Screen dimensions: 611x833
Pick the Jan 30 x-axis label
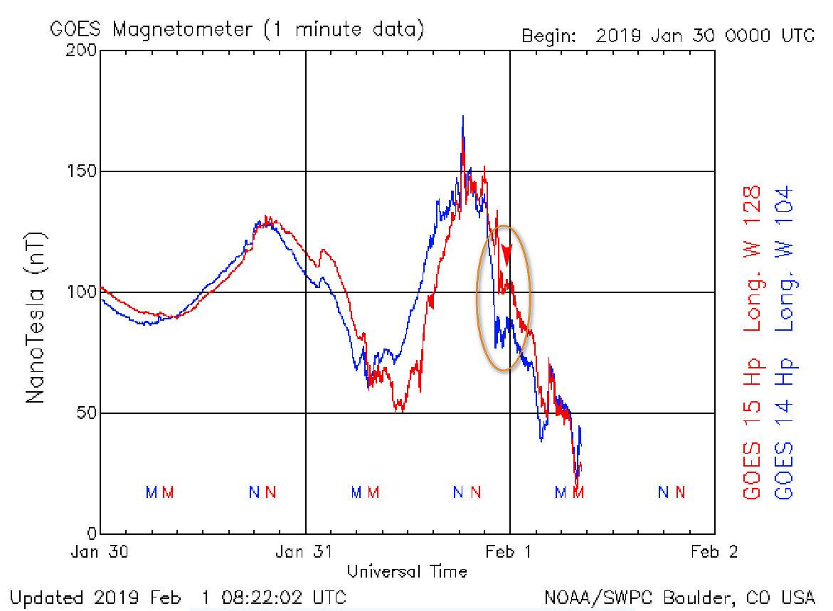pyautogui.click(x=100, y=552)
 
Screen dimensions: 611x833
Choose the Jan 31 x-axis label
pyautogui.click(x=305, y=552)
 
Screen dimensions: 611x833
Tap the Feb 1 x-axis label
pyautogui.click(x=510, y=552)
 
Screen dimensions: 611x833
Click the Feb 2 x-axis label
pyautogui.click(x=714, y=552)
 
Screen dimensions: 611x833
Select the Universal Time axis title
pyautogui.click(x=407, y=571)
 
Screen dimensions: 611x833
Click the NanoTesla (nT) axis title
pyautogui.click(x=36, y=317)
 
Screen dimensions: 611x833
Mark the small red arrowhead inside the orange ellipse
pyautogui.click(x=506, y=254)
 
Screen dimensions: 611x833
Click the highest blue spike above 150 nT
pyautogui.click(x=463, y=118)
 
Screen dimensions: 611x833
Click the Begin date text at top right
pyautogui.click(x=668, y=36)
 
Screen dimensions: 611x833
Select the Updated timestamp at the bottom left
pyautogui.click(x=179, y=596)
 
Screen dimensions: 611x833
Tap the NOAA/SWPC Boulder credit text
pyautogui.click(x=679, y=596)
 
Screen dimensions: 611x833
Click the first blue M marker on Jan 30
pyautogui.click(x=151, y=492)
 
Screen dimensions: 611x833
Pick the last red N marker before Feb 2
pyautogui.click(x=681, y=492)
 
